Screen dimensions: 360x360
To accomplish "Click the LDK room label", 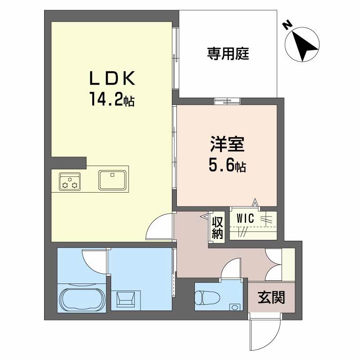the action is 112,78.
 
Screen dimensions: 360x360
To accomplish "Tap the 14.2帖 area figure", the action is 112,99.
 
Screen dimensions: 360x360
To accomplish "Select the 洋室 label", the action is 227,144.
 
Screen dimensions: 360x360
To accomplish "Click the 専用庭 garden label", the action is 228,54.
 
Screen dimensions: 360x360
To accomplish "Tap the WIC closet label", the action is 245,218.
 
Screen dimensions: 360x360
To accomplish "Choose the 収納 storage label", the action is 217,228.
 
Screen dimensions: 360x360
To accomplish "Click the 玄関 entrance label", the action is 271,297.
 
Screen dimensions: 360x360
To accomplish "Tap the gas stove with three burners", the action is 70,181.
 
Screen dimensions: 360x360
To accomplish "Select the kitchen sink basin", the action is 112,180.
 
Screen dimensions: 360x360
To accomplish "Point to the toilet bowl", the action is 207,298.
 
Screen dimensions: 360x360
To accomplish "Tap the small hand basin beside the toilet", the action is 235,307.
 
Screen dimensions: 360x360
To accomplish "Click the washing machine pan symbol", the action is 126,299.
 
